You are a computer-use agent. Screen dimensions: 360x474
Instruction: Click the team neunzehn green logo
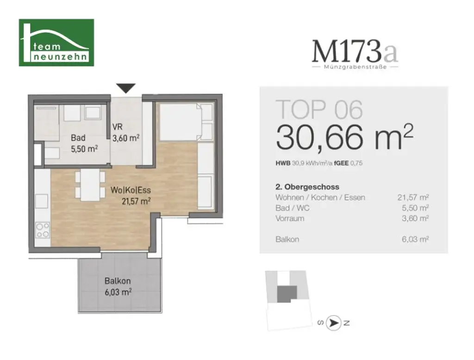pos(56,43)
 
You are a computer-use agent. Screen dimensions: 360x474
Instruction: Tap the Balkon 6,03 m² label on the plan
pos(118,286)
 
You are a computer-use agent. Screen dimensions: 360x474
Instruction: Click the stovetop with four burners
pos(43,230)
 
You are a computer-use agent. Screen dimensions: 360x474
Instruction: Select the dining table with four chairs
pos(90,185)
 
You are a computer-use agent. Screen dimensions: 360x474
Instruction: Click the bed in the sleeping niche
pos(181,122)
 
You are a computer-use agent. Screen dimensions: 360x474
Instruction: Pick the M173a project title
pos(355,52)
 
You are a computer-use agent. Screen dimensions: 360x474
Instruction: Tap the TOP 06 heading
pos(319,109)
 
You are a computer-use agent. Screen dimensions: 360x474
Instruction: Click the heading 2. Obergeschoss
pos(307,187)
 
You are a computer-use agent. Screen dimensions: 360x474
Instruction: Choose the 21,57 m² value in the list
pos(413,198)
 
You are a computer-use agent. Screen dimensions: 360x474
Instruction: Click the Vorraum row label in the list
pos(289,218)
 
